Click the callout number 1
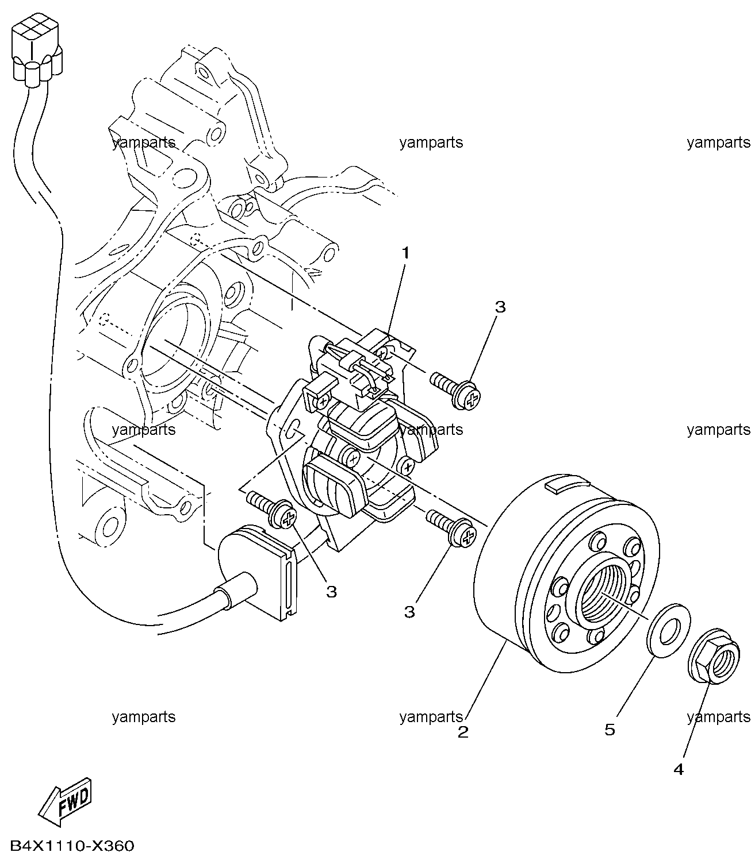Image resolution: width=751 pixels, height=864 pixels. [x=405, y=253]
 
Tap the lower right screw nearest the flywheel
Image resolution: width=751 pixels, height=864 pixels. [x=451, y=530]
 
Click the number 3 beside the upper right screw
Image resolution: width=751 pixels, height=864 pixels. [x=500, y=307]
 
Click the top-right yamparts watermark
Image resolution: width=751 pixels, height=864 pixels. [x=718, y=142]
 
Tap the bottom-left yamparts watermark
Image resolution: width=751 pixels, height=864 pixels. [x=144, y=716]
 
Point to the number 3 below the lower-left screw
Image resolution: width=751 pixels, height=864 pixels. [x=331, y=592]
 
